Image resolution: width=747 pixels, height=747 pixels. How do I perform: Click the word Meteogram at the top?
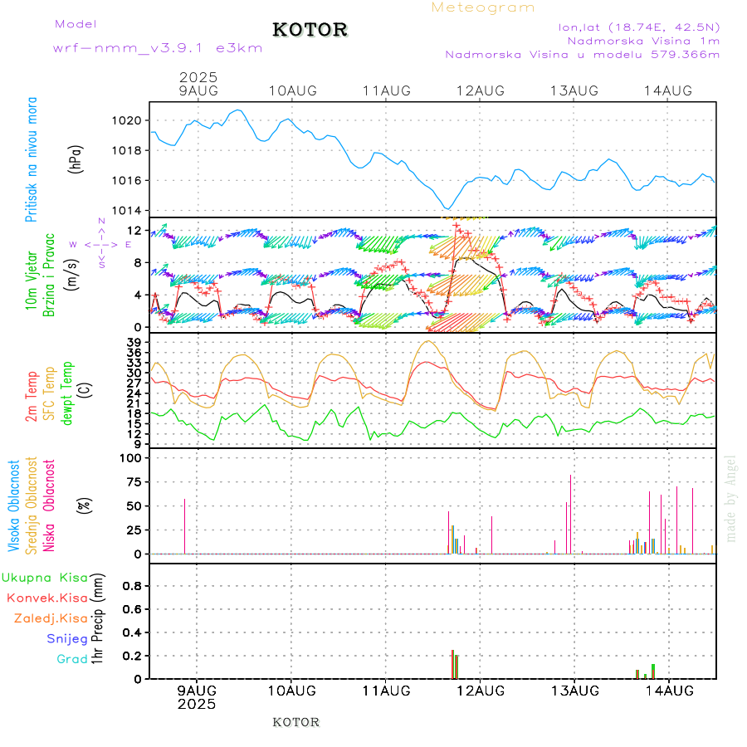pyautogui.click(x=483, y=7)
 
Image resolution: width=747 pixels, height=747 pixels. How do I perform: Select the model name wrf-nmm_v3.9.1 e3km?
pyautogui.click(x=158, y=48)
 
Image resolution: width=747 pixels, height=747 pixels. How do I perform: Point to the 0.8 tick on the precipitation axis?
pyautogui.click(x=133, y=586)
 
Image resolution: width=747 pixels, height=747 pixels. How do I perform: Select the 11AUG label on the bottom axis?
pyautogui.click(x=386, y=691)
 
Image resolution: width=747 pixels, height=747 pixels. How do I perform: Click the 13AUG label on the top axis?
pyautogui.click(x=574, y=90)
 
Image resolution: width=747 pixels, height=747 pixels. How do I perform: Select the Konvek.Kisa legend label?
pyautogui.click(x=46, y=598)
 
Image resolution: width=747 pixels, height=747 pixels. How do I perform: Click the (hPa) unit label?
pyautogui.click(x=76, y=159)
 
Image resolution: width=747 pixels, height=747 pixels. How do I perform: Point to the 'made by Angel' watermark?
pyautogui.click(x=731, y=498)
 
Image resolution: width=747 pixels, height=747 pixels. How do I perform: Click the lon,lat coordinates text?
pyautogui.click(x=639, y=27)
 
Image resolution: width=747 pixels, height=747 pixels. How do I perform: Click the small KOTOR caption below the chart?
pyautogui.click(x=295, y=722)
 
